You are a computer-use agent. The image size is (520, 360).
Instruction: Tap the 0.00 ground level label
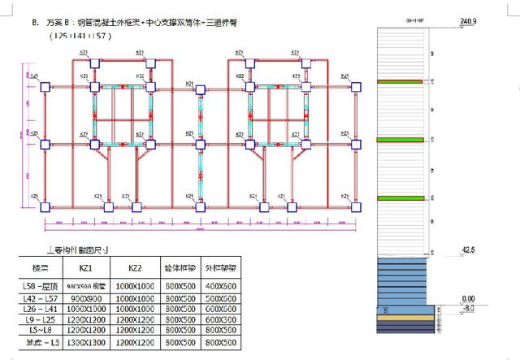tap(467, 299)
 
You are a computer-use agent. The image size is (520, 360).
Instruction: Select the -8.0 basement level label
tap(466, 308)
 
